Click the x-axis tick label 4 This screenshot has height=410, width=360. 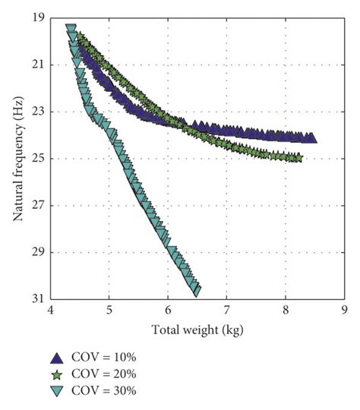pyautogui.click(x=51, y=311)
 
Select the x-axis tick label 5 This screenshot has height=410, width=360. pyautogui.click(x=109, y=311)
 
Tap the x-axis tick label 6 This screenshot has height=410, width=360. pyautogui.click(x=168, y=311)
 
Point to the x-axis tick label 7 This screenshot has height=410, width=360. pyautogui.click(x=226, y=311)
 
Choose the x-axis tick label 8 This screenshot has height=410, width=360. pyautogui.click(x=285, y=311)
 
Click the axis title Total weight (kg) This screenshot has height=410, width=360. pyautogui.click(x=197, y=330)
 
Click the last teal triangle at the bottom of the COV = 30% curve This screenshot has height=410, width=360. pyautogui.click(x=197, y=290)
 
